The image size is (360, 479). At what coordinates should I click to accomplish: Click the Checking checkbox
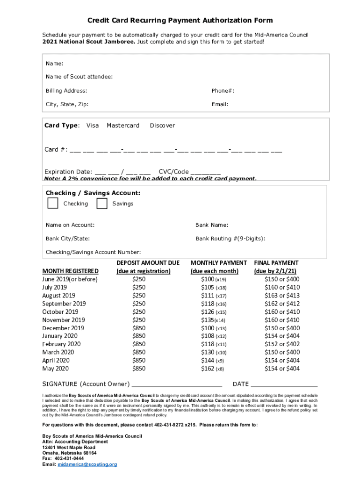[53, 203]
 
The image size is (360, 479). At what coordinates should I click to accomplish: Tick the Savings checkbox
[102, 203]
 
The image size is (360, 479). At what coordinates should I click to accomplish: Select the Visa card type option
[93, 125]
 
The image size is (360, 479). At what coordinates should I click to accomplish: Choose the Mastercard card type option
[123, 125]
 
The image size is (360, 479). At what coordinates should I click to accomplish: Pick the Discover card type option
[162, 125]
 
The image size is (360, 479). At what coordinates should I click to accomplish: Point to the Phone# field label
[223, 91]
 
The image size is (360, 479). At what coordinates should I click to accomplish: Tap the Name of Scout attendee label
[79, 77]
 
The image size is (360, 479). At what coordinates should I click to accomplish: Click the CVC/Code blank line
[206, 172]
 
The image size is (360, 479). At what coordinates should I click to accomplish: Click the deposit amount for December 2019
[139, 328]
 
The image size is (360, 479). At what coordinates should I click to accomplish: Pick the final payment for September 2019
[282, 304]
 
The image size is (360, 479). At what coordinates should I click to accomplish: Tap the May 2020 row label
[55, 369]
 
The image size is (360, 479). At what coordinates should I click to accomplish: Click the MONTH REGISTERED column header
[71, 271]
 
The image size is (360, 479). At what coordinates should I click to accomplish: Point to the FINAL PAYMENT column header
[276, 263]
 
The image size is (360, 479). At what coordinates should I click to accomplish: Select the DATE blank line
[284, 385]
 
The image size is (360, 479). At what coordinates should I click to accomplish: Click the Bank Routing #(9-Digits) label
[230, 239]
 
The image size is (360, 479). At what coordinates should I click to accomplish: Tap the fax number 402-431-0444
[70, 459]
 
